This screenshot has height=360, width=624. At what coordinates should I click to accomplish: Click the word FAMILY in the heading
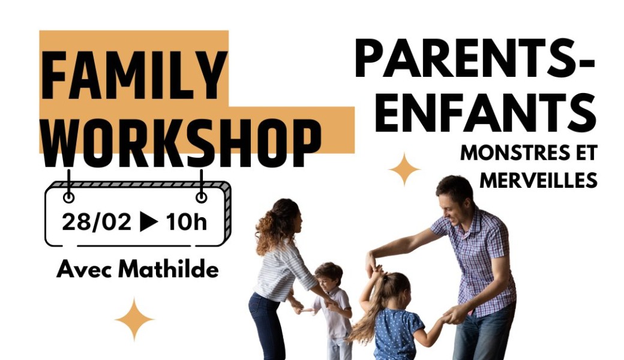coord(134,76)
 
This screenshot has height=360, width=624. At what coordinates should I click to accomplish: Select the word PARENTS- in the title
coord(475,60)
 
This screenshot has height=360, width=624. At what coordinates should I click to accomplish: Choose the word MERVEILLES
coord(539,179)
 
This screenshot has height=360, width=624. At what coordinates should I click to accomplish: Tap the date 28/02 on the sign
coord(97,222)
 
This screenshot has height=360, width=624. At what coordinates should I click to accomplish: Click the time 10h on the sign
coord(187,222)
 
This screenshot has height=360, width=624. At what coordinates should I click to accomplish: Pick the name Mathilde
coord(169,269)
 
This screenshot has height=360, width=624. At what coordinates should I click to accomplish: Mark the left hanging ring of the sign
coord(69,197)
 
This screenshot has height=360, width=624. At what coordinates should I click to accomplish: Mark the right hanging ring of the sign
coord(202,197)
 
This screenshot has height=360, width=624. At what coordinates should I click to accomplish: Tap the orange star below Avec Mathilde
coord(134,319)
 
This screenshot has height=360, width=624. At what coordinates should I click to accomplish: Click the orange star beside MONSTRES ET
coord(404,169)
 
